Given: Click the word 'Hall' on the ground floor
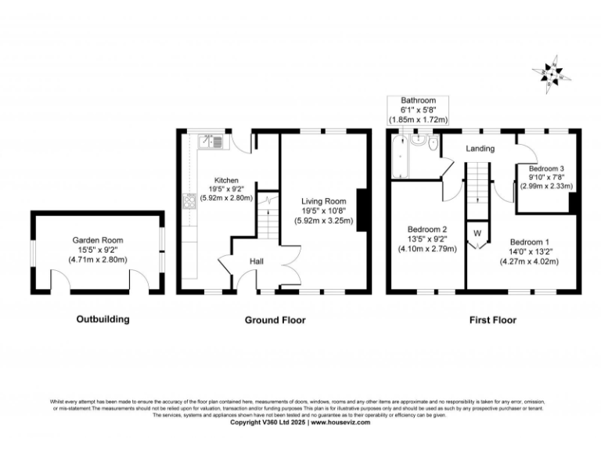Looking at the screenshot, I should click(257, 261).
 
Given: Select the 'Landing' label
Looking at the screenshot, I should click(480, 149).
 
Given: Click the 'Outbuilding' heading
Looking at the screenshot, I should click(103, 319).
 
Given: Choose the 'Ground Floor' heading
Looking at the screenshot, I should click(275, 319).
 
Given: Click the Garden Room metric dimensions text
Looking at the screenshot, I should click(98, 259).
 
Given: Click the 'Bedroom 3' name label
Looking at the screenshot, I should click(546, 168).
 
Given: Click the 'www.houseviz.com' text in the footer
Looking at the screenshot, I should click(346, 422).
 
